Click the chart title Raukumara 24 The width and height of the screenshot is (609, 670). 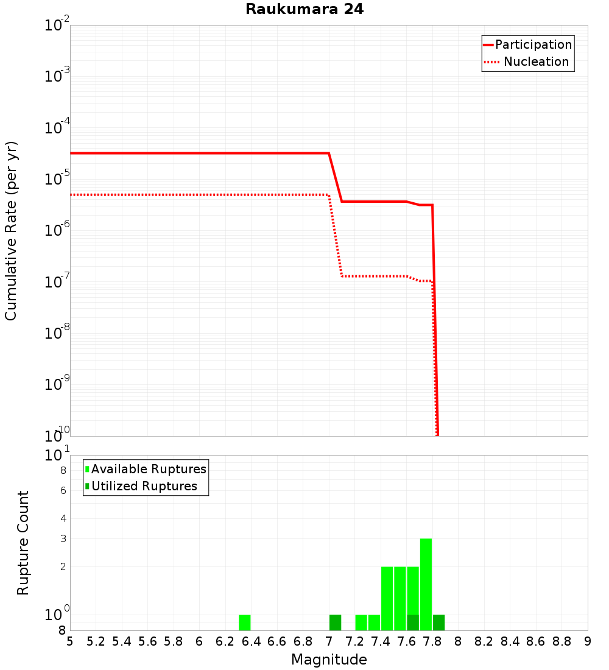pos(304,10)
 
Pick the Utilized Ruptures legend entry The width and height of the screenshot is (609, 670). pos(144,486)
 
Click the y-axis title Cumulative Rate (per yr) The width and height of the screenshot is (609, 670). pos(12,230)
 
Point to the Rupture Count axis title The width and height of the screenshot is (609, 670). pos(23,543)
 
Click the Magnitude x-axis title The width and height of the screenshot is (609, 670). pos(329,660)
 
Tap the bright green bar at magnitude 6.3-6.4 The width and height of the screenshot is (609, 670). pos(244,622)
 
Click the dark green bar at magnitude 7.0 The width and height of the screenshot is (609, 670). pos(335,622)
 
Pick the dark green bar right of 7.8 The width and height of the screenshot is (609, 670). pos(438,622)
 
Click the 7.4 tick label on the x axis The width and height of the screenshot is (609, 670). pos(381,641)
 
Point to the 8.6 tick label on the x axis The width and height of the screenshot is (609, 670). pos(536,641)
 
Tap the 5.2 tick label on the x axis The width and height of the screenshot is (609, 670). pos(96,641)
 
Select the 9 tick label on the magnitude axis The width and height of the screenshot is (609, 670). pos(588,641)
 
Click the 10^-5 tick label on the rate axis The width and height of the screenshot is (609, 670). pos(57,178)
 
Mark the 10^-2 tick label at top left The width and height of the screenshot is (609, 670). pos(57,26)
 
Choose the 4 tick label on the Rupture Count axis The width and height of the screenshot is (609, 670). pos(62,518)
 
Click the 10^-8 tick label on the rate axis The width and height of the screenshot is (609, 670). pos(57,333)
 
